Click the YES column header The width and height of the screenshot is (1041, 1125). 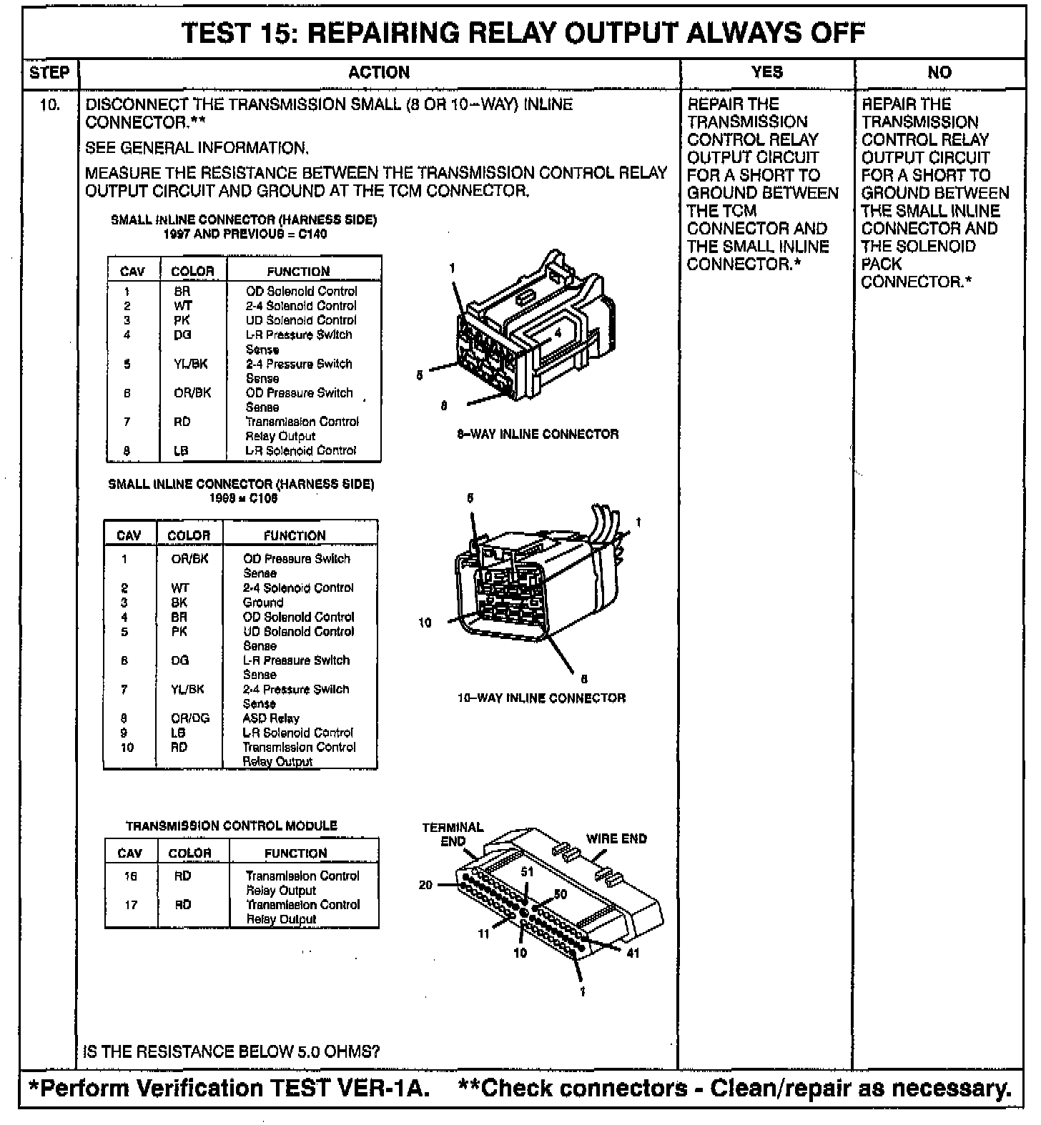point(766,72)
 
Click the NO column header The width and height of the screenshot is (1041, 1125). point(939,72)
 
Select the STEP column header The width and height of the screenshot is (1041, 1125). point(50,72)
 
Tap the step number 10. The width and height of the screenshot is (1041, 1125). point(50,105)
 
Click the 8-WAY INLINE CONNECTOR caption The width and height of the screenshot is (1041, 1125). point(538,434)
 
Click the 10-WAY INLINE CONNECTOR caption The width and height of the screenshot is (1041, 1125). point(541,698)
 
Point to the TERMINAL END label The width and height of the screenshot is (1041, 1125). point(453,834)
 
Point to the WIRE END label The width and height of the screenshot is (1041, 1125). point(616,839)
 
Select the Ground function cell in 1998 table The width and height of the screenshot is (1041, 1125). point(263,603)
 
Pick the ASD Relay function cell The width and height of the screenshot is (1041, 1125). point(271,718)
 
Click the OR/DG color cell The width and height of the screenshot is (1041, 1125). point(189,718)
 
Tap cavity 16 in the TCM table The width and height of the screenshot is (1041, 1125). point(130,876)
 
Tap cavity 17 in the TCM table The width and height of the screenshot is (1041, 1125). point(130,905)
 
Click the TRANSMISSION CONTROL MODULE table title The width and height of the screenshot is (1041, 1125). point(231,826)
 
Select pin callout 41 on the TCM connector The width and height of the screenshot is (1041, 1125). point(633,953)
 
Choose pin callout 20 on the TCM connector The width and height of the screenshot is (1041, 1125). point(425,885)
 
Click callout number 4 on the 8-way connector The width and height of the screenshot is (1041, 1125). point(558,332)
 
